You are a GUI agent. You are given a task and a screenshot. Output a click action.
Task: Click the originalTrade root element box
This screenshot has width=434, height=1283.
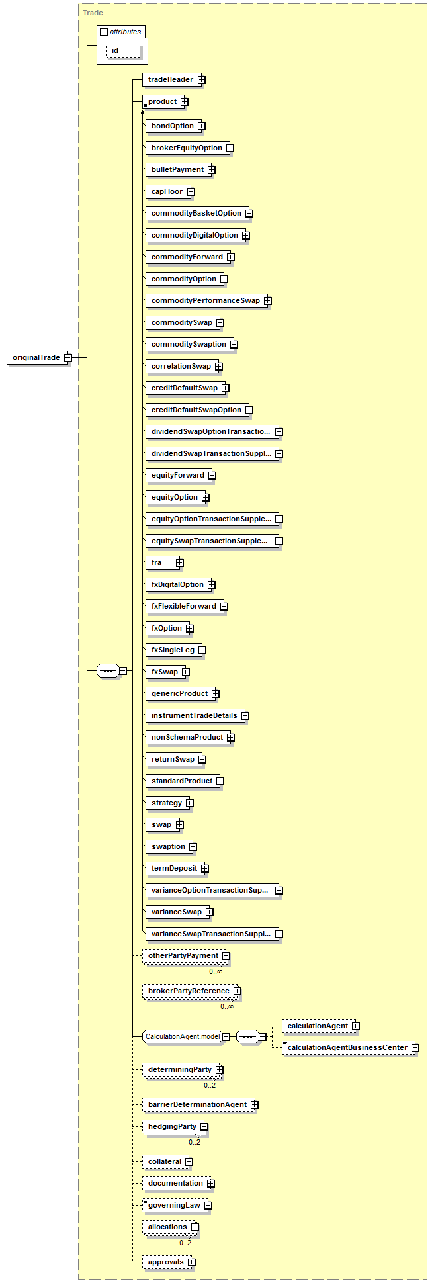36,358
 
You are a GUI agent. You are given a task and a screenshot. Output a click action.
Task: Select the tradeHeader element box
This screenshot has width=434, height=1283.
170,80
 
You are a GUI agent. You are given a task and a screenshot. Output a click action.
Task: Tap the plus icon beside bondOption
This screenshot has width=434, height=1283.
201,126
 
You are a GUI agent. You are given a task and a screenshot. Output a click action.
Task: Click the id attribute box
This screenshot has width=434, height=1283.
118,51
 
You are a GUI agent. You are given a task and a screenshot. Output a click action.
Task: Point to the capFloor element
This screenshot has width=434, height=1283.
167,192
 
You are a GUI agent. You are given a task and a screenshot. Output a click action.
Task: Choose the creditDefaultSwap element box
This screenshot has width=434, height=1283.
184,388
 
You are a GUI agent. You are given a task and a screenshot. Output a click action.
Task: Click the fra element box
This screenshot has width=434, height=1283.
161,563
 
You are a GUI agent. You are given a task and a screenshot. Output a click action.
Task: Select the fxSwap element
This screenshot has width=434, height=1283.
165,672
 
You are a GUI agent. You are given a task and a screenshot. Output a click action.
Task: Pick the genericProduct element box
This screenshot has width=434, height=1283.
179,694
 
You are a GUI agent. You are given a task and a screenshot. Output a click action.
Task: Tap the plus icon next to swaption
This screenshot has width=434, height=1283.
193,847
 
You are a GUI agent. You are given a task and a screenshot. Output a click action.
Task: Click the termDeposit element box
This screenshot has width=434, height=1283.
174,869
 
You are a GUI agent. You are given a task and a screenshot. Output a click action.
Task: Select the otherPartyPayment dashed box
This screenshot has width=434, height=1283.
183,956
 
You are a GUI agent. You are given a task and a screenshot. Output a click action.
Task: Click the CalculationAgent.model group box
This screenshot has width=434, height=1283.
183,1037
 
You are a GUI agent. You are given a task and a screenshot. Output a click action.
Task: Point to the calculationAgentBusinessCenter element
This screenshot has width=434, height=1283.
347,1048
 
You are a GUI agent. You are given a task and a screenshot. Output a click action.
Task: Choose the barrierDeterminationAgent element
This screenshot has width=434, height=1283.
197,1105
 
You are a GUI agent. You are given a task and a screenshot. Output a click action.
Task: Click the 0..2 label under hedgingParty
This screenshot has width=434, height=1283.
195,1143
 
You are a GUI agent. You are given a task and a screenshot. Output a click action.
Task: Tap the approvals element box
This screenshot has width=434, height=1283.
165,1262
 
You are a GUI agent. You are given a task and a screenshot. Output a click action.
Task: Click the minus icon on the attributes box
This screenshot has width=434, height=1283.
104,32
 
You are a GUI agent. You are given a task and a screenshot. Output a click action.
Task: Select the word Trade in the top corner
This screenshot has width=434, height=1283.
93,13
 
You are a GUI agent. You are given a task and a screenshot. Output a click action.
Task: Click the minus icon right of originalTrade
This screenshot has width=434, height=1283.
67,358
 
